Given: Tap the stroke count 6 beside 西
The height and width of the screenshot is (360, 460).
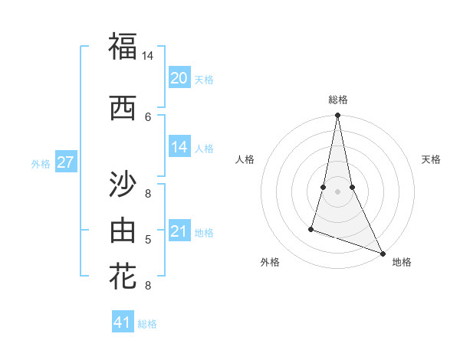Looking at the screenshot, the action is [x=148, y=116].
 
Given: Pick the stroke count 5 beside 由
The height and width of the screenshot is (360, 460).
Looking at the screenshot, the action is [x=148, y=240].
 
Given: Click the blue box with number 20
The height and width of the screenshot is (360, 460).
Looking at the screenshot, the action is [x=179, y=78].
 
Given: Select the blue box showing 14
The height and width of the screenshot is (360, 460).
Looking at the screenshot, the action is [x=179, y=147].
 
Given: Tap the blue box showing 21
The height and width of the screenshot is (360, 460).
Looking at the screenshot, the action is [x=179, y=231].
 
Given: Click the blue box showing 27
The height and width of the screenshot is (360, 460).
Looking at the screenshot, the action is [x=65, y=162].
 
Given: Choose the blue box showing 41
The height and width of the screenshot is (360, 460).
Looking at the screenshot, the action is [x=123, y=322].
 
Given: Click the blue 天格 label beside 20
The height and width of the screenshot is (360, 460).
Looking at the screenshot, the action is [x=203, y=80].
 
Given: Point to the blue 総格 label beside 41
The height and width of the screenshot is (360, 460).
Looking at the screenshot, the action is [x=147, y=324].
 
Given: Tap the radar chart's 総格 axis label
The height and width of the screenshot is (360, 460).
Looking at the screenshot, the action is [x=337, y=100].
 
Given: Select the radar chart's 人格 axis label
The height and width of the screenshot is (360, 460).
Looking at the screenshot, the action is [x=245, y=159].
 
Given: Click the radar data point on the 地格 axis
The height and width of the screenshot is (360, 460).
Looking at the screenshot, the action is [x=382, y=254].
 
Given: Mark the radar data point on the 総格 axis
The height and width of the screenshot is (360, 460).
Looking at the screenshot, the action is [x=337, y=116].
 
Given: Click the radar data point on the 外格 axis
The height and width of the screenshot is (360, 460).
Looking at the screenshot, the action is [x=311, y=228].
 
